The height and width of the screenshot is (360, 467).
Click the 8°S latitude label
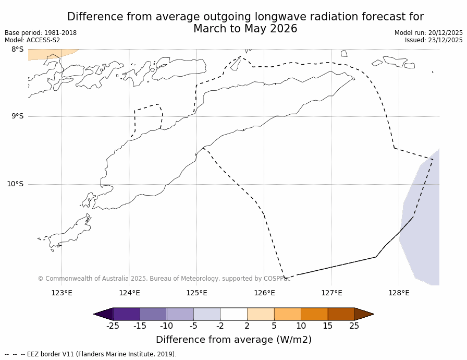pyautogui.click(x=17, y=50)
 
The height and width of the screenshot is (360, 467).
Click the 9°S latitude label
pyautogui.click(x=17, y=116)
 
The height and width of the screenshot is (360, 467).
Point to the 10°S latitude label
pyautogui.click(x=15, y=184)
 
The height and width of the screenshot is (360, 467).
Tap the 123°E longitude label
pyautogui.click(x=62, y=293)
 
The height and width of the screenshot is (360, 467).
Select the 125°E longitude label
pyautogui.click(x=196, y=293)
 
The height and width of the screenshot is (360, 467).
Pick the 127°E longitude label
pyautogui.click(x=331, y=293)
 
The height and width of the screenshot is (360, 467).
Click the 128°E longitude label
pyautogui.click(x=399, y=293)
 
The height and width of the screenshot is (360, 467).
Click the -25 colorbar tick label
pyautogui.click(x=113, y=326)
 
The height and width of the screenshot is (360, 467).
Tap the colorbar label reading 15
pyautogui.click(x=327, y=326)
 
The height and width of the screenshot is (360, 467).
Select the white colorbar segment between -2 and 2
pyautogui.click(x=233, y=314)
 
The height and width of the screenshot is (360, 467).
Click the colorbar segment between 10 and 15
pyautogui.click(x=314, y=314)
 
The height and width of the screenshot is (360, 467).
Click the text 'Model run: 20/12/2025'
pyautogui.click(x=428, y=33)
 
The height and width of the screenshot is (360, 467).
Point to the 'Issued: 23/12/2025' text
pyautogui.click(x=434, y=40)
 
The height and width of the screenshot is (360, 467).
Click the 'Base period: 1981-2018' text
pyautogui.click(x=41, y=33)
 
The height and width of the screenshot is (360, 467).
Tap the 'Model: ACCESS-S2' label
pyautogui.click(x=32, y=40)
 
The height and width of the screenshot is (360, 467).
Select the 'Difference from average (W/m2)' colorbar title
pyautogui.click(x=233, y=340)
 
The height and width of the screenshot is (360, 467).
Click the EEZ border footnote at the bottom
pyautogui.click(x=91, y=354)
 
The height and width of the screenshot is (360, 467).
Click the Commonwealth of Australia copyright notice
pyautogui.click(x=164, y=279)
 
